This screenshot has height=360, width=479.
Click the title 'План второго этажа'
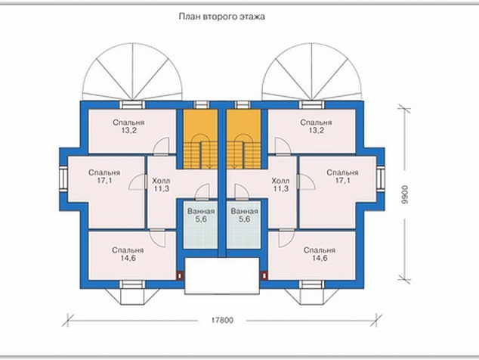[222, 17]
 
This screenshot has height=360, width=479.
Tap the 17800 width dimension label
[222, 320]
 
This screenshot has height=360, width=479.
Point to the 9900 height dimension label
[404, 194]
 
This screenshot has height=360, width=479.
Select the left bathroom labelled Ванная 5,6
[201, 225]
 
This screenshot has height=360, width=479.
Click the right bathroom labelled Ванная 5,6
[244, 225]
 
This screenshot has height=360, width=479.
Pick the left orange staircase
[200, 139]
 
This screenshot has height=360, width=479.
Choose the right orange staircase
[244, 139]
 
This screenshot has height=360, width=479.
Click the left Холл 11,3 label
[161, 185]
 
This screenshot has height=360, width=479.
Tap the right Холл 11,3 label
[280, 185]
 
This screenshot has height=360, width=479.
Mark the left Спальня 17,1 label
[104, 176]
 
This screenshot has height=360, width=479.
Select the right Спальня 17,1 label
[342, 176]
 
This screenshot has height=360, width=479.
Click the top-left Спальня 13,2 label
[128, 126]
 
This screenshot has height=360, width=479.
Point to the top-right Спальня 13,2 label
[316, 126]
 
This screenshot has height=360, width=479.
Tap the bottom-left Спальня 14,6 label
[128, 254]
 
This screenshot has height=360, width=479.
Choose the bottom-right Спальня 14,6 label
[320, 254]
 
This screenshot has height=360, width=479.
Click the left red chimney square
[180, 276]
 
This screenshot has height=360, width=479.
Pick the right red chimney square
[264, 276]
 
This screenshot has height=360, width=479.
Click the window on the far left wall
[63, 178]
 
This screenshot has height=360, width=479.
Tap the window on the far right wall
[381, 178]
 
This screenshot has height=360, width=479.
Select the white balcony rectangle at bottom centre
[222, 276]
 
